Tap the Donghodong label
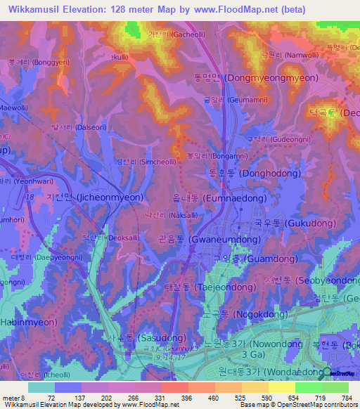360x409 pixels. coord(255,173)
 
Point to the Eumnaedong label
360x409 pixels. coord(218,199)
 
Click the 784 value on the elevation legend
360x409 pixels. coord(347,398)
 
